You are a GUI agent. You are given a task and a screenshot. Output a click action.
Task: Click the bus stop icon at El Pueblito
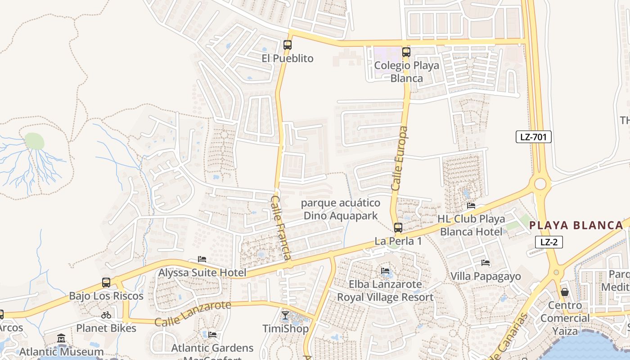click(288, 45)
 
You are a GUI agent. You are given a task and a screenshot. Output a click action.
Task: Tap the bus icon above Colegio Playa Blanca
click(406, 52)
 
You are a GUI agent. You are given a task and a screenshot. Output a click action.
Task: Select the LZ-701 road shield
click(533, 137)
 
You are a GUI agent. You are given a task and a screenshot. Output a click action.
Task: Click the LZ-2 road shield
click(549, 242)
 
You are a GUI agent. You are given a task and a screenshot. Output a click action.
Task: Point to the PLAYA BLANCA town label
click(576, 225)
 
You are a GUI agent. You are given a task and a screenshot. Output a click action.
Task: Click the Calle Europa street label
click(399, 158)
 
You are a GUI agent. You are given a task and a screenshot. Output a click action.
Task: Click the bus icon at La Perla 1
click(398, 228)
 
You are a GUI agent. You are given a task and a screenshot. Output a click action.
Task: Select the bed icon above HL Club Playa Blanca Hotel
click(471, 206)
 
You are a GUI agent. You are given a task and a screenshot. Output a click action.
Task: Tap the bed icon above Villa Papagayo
click(486, 262)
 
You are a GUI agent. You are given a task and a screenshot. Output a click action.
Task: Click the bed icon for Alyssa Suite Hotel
click(202, 259)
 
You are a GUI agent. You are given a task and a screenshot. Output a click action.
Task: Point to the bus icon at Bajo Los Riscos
click(106, 283)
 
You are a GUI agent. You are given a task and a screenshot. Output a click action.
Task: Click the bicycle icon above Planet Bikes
click(106, 315)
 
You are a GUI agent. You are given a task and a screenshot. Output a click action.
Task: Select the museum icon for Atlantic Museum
click(61, 338)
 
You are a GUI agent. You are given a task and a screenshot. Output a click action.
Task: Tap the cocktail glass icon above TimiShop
click(285, 315)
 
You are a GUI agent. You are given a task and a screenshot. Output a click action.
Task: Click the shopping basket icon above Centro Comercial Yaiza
click(565, 292)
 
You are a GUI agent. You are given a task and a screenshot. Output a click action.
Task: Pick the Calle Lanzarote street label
click(193, 314)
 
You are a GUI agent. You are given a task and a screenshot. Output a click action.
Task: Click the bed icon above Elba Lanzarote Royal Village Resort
click(386, 270)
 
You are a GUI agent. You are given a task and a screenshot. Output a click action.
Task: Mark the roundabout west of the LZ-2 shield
click(540, 184)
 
